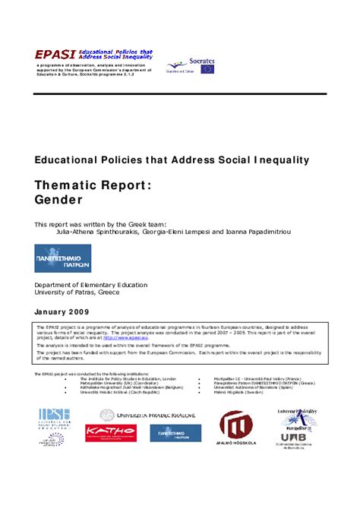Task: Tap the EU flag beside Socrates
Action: (x=207, y=69)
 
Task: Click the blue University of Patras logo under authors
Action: (x=62, y=258)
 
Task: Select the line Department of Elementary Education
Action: (x=91, y=285)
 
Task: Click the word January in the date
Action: (x=54, y=311)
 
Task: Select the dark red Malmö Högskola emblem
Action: (x=236, y=423)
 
